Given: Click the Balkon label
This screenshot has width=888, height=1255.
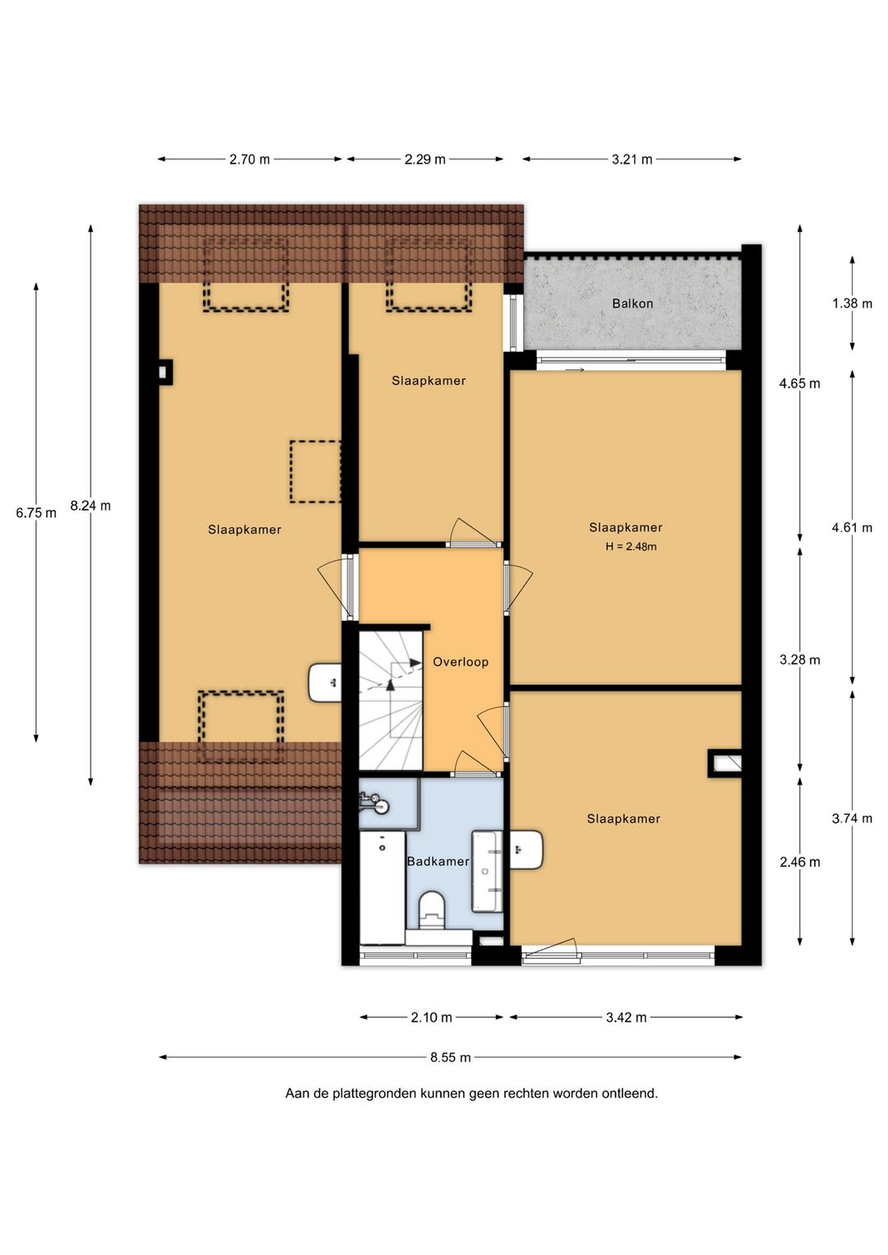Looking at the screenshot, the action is coord(632,303).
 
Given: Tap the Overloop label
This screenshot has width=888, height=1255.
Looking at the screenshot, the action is coord(460,662).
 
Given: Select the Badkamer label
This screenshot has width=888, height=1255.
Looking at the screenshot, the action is coord(437,861).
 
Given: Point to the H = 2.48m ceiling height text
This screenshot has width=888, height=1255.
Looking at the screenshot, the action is coord(631,546).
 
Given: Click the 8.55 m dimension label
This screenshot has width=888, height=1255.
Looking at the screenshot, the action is coord(451,1058).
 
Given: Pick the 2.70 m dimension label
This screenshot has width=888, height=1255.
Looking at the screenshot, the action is coord(249,159).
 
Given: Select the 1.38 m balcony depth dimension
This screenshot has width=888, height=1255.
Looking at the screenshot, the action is coord(852,303).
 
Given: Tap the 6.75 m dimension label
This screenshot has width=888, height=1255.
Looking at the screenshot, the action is coord(36,512).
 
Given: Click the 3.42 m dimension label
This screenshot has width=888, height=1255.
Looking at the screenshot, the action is coord(627,1017).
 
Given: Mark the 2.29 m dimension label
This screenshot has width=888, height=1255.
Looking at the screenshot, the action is coord(424,159).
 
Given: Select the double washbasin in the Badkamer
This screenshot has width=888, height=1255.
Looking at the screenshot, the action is coord(488,871).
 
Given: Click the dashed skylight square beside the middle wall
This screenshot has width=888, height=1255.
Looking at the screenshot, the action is coord(316,471).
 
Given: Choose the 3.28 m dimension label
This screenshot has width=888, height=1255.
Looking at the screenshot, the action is coord(799,660).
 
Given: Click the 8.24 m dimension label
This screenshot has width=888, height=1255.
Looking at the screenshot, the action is coord(90,505).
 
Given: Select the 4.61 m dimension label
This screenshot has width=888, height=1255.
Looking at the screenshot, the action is coord(852,527).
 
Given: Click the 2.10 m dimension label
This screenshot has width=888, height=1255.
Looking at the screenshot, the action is coord(432,1017).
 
